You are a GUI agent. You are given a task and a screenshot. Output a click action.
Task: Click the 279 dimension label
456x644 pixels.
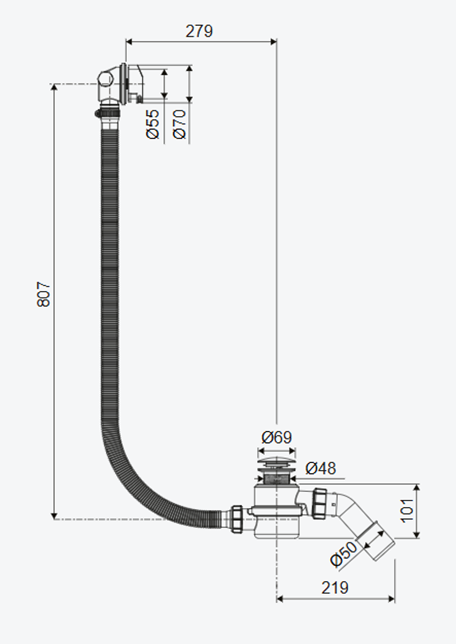tap(200, 31)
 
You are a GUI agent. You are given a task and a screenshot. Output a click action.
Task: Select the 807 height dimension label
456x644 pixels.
tap(43, 294)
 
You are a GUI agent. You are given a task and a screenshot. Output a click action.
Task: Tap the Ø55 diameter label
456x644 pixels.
tap(153, 124)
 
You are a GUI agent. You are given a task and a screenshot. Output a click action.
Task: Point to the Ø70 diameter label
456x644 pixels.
tap(180, 124)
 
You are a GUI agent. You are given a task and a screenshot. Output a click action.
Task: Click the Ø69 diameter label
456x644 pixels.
tap(277, 437)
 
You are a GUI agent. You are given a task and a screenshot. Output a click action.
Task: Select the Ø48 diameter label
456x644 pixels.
tap(321, 468)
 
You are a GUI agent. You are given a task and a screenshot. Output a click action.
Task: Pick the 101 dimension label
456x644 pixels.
tap(408, 510)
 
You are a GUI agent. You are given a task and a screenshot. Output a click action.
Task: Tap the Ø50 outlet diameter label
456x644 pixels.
tap(343, 554)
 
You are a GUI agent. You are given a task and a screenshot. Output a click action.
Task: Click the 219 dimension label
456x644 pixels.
tap(335, 588)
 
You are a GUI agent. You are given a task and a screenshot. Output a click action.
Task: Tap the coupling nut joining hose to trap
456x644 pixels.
tap(237, 519)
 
